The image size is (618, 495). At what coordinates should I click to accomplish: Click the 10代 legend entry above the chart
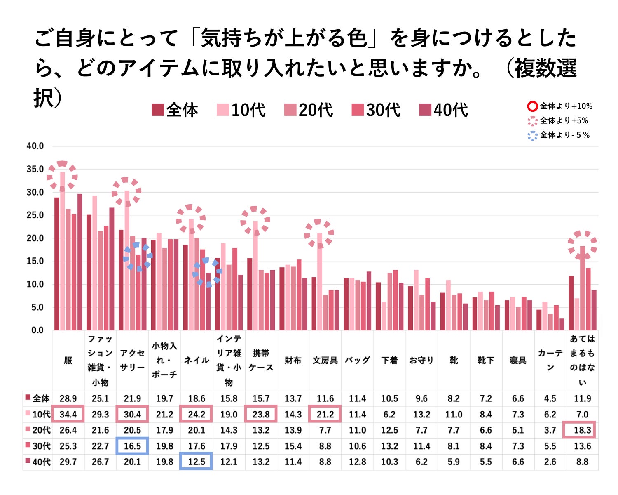[x=241, y=110]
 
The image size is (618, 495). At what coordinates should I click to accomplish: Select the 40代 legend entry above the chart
[x=443, y=110]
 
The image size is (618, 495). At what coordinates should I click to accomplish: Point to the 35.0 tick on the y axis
[x=35, y=169]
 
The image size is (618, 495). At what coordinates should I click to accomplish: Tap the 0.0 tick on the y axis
[x=37, y=330]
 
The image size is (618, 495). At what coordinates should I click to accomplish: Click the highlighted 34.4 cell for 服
[x=68, y=414]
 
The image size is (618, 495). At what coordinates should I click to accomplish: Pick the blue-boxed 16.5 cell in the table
[x=132, y=446]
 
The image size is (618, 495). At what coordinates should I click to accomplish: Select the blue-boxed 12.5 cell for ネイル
[x=196, y=462]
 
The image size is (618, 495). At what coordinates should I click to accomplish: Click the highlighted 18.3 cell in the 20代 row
[x=582, y=430]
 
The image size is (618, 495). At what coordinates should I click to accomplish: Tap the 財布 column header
[x=293, y=361]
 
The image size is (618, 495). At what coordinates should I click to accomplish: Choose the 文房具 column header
[x=325, y=361]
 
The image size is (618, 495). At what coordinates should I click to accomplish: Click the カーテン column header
[x=550, y=360]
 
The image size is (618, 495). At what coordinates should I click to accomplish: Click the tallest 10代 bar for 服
[x=63, y=252]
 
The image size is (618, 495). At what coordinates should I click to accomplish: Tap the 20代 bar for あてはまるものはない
[x=583, y=288]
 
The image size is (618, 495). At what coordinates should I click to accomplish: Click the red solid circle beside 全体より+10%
[x=532, y=106]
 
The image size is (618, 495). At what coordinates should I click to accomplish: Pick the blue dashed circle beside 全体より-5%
[x=532, y=135]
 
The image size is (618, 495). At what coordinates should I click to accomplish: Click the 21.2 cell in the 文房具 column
[x=325, y=414]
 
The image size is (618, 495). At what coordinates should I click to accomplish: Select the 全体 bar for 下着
[x=378, y=306]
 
